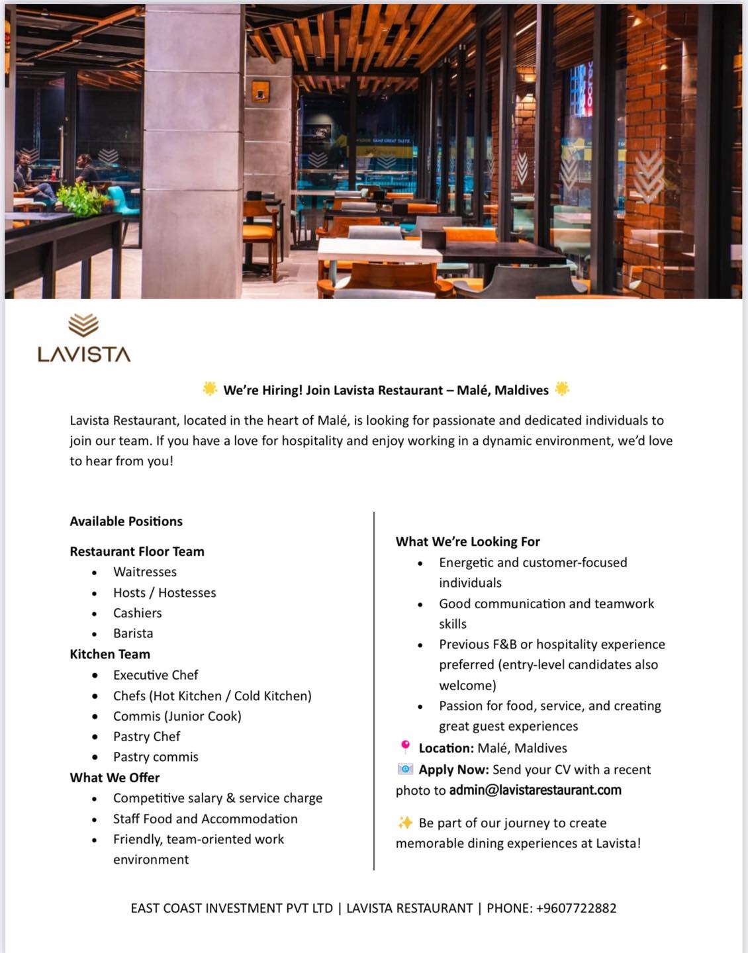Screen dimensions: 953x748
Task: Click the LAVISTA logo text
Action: click(x=84, y=354)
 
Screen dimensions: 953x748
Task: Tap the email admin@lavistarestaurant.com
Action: click(x=535, y=790)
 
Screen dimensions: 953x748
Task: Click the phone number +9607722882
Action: click(x=576, y=908)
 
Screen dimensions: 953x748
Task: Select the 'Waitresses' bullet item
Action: click(x=144, y=572)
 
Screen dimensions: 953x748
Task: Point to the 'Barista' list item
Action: click(x=132, y=633)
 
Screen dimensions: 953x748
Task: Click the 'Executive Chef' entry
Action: click(x=156, y=675)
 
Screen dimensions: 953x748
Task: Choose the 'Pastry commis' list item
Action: click(x=156, y=757)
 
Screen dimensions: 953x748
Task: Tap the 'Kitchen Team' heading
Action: click(x=110, y=655)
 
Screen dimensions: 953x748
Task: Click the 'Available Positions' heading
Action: click(x=126, y=522)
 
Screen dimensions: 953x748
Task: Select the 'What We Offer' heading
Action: click(x=115, y=778)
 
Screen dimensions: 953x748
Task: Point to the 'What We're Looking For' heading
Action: click(x=467, y=542)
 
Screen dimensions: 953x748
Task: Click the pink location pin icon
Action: click(x=405, y=747)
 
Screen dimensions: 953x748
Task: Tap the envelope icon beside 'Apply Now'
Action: click(x=405, y=769)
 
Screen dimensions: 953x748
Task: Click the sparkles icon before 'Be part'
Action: click(x=405, y=823)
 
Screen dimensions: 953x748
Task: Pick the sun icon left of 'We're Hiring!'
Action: click(x=210, y=389)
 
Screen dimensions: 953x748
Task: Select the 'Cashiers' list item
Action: click(x=137, y=613)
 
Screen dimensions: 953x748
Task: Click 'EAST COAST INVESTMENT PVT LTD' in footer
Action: click(x=232, y=908)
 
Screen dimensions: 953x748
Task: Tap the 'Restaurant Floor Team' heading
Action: click(x=137, y=551)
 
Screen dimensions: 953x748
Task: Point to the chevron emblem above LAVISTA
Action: click(x=83, y=326)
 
